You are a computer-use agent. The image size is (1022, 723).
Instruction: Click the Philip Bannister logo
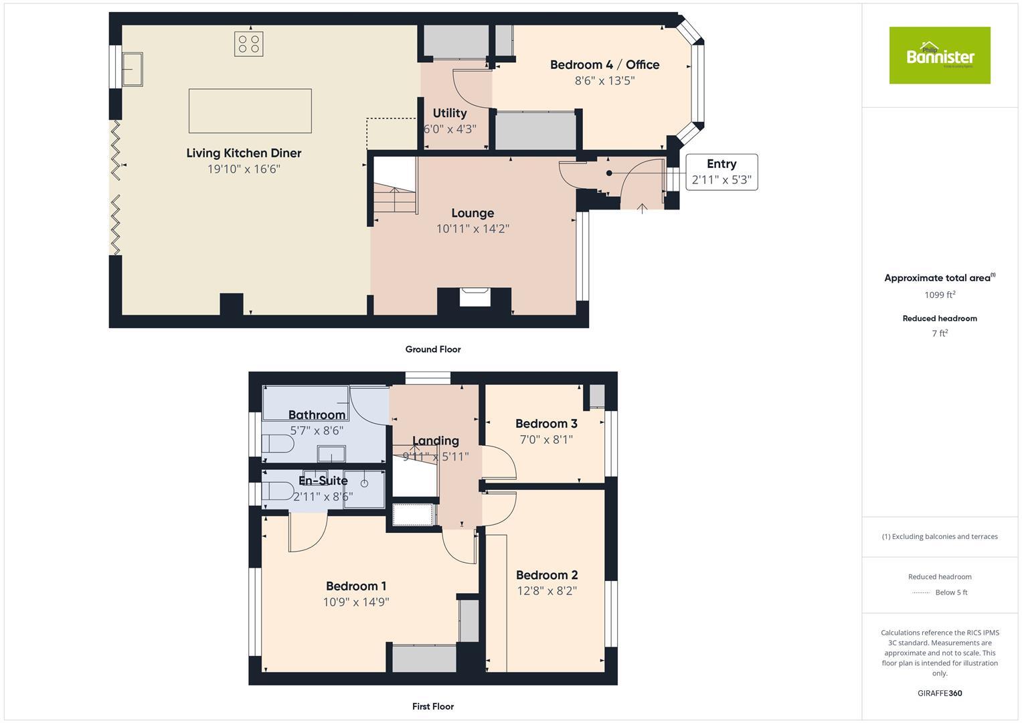[939, 56]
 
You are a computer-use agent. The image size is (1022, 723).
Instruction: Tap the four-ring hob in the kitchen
[248, 44]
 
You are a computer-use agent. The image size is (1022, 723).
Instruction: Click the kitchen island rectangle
[250, 111]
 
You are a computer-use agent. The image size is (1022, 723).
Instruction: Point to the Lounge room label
[472, 213]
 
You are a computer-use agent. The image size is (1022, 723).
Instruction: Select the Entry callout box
[721, 172]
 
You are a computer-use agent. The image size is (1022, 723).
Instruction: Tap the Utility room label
[449, 113]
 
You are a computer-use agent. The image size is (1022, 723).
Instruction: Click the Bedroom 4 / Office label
[604, 65]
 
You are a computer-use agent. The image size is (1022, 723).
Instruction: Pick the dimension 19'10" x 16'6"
[244, 169]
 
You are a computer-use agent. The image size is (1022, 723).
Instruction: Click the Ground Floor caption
[432, 349]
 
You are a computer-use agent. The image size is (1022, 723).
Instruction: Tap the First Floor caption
[432, 706]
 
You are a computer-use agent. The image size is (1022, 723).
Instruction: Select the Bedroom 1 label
[355, 586]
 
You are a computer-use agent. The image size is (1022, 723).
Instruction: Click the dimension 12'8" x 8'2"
[546, 591]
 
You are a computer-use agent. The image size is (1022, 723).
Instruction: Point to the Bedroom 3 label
[546, 424]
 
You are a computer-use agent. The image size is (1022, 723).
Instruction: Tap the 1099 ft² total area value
[939, 295]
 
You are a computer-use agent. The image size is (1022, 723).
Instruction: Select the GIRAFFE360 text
[939, 694]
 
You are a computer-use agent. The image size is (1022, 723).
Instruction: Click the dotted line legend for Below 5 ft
[921, 592]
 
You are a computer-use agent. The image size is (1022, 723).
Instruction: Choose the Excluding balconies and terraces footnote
[939, 537]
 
